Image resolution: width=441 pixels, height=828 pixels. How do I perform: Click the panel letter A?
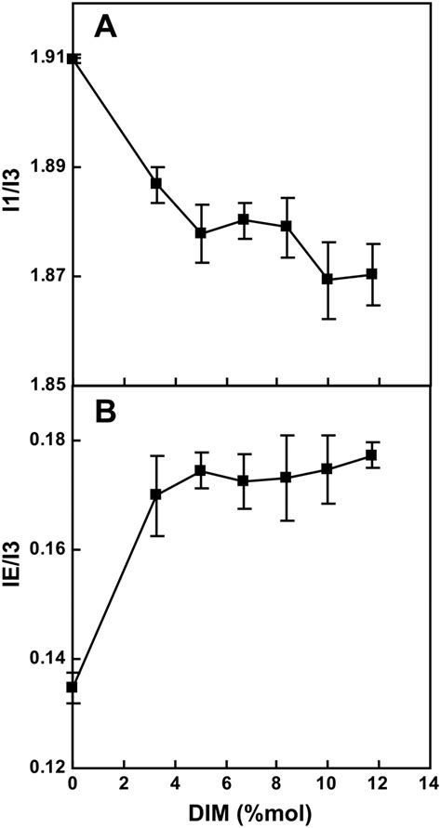click(106, 28)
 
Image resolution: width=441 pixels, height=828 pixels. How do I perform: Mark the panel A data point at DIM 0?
click(73, 59)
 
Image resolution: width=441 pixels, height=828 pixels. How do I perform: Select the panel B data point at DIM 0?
click(73, 687)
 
